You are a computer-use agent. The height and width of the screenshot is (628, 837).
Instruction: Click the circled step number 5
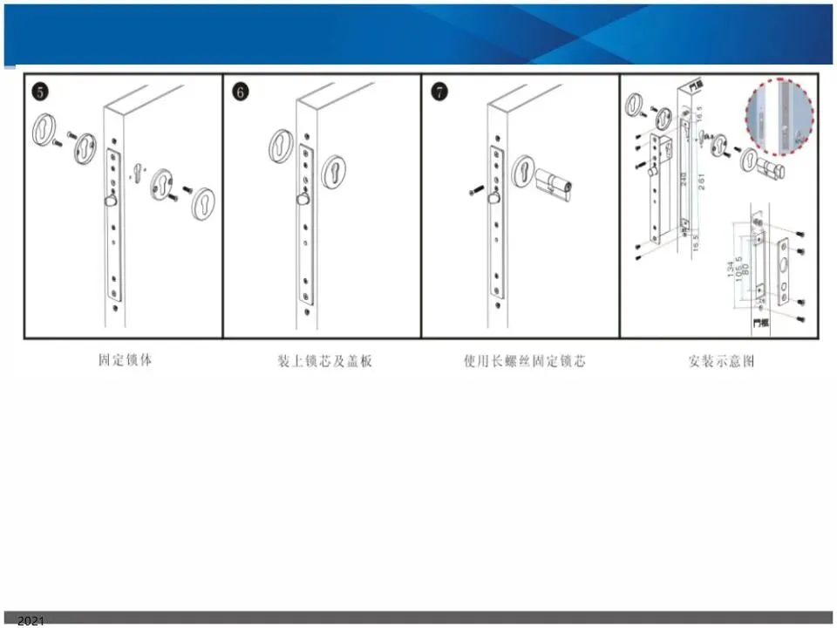pyautogui.click(x=39, y=91)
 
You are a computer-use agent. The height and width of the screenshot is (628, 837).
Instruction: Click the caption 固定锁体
pyautogui.click(x=125, y=358)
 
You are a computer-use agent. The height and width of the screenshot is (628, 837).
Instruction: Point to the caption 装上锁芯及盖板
pyautogui.click(x=324, y=360)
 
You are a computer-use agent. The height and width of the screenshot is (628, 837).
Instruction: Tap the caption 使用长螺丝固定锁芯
pyautogui.click(x=525, y=360)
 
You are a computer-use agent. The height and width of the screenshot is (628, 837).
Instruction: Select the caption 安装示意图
pyautogui.click(x=721, y=360)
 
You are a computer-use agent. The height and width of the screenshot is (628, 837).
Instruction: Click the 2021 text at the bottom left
pyautogui.click(x=31, y=620)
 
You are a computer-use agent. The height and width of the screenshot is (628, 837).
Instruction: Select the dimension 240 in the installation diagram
pyautogui.click(x=685, y=184)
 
